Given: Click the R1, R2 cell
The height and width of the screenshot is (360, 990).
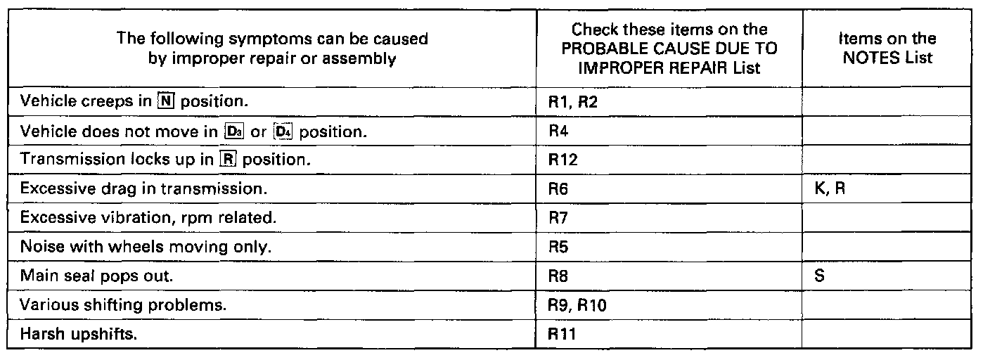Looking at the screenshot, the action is [x=572, y=102].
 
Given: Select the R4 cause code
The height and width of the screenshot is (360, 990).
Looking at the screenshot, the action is [x=558, y=131].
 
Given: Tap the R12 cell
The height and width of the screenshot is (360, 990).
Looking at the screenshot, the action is [x=562, y=160].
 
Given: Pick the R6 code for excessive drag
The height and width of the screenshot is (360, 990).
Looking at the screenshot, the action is [x=558, y=188].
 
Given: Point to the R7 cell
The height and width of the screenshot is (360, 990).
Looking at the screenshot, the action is [x=558, y=218].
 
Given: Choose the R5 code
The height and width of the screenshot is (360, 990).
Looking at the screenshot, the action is [x=558, y=247].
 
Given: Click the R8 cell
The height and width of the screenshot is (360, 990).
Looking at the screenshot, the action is [x=558, y=276].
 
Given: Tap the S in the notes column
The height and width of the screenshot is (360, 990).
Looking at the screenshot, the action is [x=818, y=276].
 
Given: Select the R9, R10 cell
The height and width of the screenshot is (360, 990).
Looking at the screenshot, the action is [x=576, y=306].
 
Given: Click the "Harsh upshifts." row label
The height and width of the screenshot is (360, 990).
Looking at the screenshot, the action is [x=79, y=335].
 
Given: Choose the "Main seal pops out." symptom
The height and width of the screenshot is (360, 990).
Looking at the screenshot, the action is [x=96, y=276].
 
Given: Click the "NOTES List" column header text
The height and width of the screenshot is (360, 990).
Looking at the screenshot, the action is [x=888, y=58].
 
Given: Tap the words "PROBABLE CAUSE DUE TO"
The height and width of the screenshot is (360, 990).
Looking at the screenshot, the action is [x=669, y=49].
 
